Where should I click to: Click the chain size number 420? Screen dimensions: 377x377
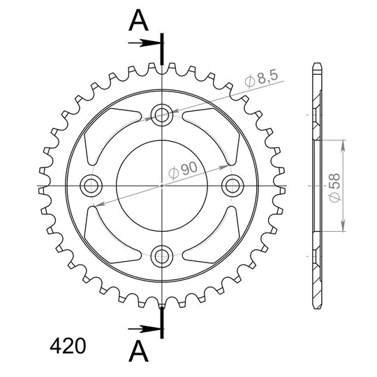[x=68, y=346]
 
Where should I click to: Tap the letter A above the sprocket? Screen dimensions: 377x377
[x=138, y=21]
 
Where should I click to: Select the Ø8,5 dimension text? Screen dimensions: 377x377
[x=261, y=79]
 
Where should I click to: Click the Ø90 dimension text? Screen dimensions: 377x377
[x=183, y=170]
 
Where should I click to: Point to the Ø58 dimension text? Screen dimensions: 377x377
[x=334, y=188]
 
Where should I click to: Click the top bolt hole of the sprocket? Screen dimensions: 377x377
[x=162, y=115]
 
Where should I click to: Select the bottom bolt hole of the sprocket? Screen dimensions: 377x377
[x=162, y=256]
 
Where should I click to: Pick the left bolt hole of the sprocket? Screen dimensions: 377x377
[x=91, y=186]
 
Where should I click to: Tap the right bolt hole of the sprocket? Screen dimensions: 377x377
[x=232, y=186]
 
